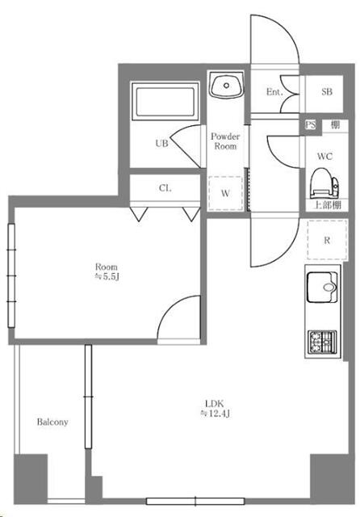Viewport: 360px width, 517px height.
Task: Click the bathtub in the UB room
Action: click(165, 102)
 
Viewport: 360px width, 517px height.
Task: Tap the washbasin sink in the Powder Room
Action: click(226, 85)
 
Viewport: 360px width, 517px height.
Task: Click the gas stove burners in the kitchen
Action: click(322, 342)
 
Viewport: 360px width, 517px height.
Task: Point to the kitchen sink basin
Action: click(322, 287)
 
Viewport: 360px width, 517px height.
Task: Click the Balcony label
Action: click(52, 422)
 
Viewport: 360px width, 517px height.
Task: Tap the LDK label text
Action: click(215, 403)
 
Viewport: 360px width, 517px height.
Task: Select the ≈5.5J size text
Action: click(107, 276)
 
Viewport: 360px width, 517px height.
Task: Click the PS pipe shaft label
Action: click(310, 125)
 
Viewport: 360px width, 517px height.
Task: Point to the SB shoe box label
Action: click(327, 91)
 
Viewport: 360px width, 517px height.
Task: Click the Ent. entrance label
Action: click(274, 92)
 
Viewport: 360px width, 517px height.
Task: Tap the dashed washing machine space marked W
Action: click(226, 193)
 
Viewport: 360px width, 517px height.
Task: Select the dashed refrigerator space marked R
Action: click(327, 240)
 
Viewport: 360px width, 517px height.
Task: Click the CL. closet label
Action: click(165, 188)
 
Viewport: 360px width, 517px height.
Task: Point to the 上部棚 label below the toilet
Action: click(327, 204)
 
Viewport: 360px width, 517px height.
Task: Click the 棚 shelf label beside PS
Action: click(335, 125)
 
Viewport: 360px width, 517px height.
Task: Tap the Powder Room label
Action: click(225, 141)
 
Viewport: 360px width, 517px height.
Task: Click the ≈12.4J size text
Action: click(215, 413)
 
